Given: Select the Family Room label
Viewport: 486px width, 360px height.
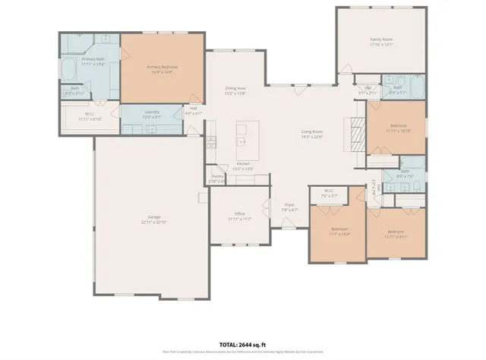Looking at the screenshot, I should tap(381, 39).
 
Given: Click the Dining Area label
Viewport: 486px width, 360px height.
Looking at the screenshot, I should tap(235, 87).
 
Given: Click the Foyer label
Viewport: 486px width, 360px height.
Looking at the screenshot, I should tap(289, 204).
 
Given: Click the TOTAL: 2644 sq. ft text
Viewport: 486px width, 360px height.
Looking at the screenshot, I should tap(242, 343).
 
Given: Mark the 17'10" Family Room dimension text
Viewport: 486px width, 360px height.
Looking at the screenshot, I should tap(381, 44).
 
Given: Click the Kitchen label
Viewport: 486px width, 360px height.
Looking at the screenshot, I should tap(243, 163).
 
